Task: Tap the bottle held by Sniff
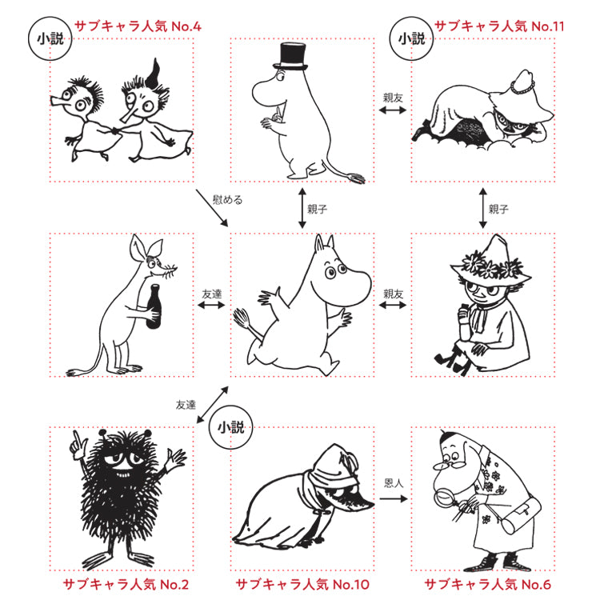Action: [x=154, y=306]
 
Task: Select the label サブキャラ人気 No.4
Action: [x=138, y=26]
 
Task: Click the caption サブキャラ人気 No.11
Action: [x=499, y=26]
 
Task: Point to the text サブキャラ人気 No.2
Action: [x=126, y=585]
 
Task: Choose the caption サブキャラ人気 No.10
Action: [x=302, y=585]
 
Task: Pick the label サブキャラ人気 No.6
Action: [x=487, y=585]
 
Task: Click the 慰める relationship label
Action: [x=227, y=200]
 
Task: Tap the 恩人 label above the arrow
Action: [x=394, y=483]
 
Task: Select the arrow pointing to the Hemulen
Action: [x=394, y=498]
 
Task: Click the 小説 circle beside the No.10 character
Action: [x=230, y=427]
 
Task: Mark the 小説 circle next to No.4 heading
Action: [x=50, y=38]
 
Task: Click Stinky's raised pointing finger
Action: [x=77, y=438]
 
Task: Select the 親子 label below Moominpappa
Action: [x=318, y=210]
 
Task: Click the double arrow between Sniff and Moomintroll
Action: [x=211, y=305]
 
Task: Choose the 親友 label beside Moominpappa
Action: [x=393, y=98]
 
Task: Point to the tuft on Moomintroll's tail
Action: [x=241, y=318]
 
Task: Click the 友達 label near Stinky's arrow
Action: [x=186, y=405]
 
